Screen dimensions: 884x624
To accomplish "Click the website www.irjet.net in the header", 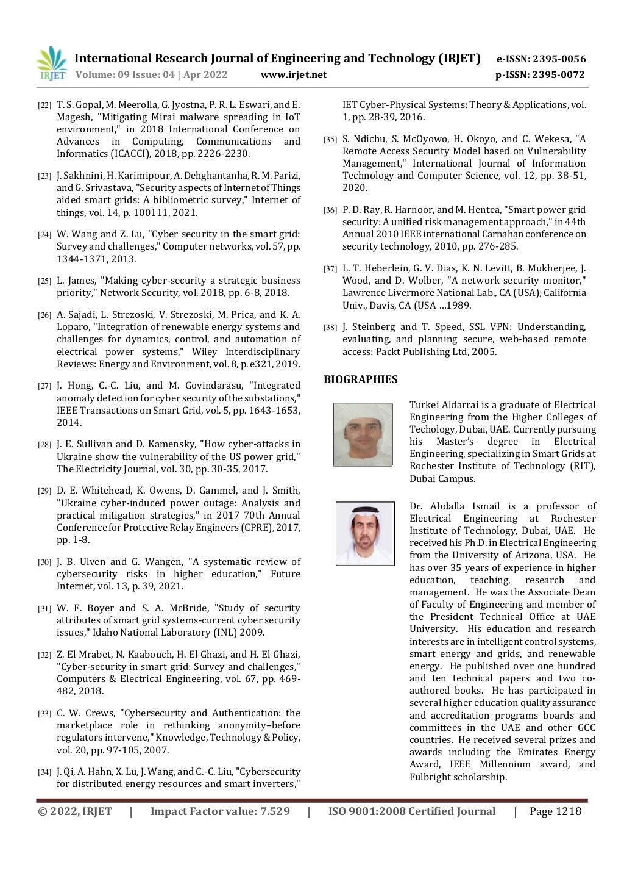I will click(x=293, y=75).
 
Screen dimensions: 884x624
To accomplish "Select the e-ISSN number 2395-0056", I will click(x=559, y=59).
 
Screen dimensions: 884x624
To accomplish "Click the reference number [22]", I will click(x=44, y=106).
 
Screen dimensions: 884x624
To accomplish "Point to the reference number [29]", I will click(x=44, y=491).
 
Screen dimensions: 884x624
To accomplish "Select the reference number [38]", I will click(x=330, y=328).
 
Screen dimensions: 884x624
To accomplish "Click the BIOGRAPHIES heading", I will click(x=360, y=379).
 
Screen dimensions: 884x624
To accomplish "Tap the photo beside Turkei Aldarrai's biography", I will click(x=363, y=434).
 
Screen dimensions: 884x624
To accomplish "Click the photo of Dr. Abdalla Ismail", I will click(x=365, y=533).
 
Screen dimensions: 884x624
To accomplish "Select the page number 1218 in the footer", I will click(x=568, y=811).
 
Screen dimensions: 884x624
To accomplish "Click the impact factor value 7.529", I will click(x=275, y=811).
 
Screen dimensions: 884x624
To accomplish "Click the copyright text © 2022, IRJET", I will click(x=75, y=811).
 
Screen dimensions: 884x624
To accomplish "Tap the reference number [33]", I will click(x=44, y=714).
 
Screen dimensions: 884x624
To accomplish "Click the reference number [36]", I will click(x=330, y=210).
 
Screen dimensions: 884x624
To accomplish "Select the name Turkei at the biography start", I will click(x=424, y=405).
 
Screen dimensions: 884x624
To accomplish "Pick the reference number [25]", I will click(x=44, y=281).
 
